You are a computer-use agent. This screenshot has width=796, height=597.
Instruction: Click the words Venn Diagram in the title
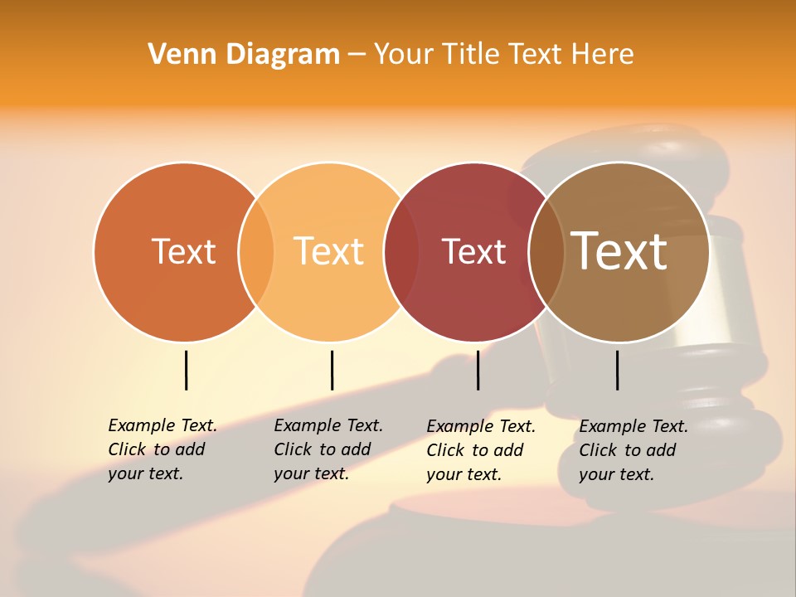click(x=244, y=55)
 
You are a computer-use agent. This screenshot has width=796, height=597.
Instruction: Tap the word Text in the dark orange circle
click(x=183, y=251)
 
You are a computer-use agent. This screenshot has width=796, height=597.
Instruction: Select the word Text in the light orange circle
click(x=328, y=251)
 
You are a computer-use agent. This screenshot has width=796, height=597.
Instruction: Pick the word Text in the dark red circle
click(x=473, y=252)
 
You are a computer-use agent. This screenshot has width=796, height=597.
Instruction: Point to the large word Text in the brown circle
click(x=619, y=250)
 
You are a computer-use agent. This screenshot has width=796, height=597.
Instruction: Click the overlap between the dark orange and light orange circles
click(x=256, y=252)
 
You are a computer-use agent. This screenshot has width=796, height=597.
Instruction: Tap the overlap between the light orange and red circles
click(x=401, y=252)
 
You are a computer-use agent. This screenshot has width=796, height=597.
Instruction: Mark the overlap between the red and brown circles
click(x=546, y=252)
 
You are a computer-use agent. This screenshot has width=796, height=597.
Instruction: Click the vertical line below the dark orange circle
click(x=186, y=370)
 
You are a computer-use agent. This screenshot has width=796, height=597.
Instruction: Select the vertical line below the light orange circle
click(x=332, y=370)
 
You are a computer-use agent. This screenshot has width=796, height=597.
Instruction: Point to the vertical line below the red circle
click(x=478, y=370)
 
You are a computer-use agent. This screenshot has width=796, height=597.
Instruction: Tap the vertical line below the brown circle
click(x=618, y=370)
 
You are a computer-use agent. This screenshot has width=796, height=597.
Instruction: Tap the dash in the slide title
click(x=357, y=55)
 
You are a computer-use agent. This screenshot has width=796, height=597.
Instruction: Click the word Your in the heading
click(x=403, y=55)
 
